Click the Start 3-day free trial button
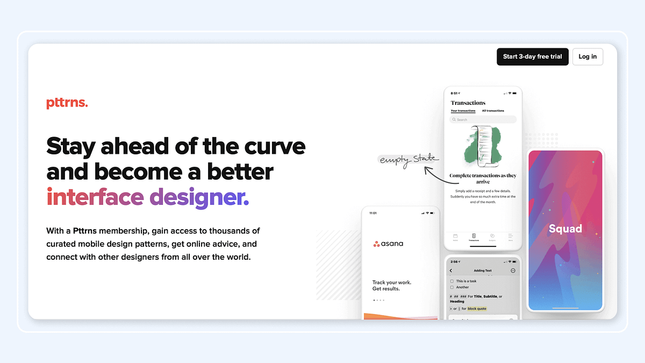point(532,56)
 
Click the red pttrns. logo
point(67,103)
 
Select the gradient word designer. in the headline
point(199,197)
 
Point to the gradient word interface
point(95,197)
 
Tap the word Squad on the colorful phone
point(565,229)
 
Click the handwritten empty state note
point(409,159)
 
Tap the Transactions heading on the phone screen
point(468,103)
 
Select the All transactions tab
point(493,111)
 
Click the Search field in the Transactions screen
point(483,119)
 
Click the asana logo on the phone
point(388,244)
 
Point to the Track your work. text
point(392,282)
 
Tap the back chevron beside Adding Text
point(451,271)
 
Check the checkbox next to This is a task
point(451,281)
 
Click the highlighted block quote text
point(477,309)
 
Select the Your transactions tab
point(463,111)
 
